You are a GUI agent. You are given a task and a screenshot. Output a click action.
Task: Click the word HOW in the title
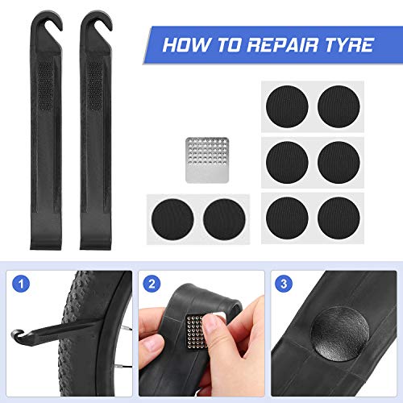[184, 45]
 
